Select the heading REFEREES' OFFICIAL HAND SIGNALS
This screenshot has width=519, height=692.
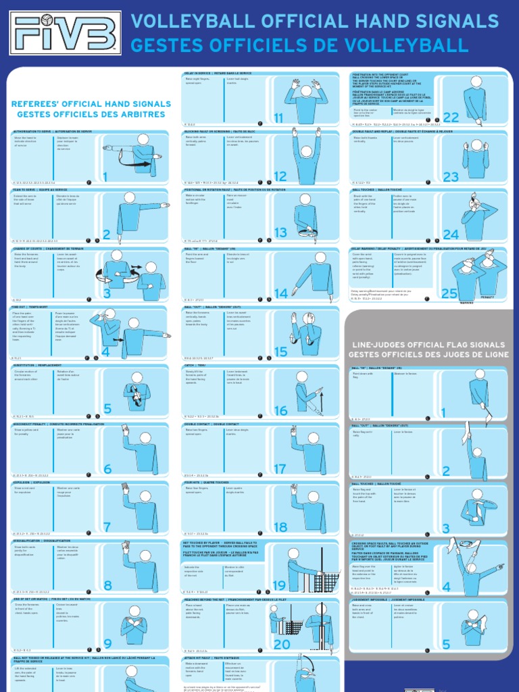(x=91, y=104)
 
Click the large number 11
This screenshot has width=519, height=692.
(x=278, y=118)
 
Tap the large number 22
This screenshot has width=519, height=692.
(x=451, y=117)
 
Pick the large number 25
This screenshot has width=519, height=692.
(x=449, y=293)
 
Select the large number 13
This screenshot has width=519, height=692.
(x=280, y=233)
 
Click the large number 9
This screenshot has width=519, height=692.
(x=107, y=644)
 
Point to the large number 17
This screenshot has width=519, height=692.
(x=280, y=469)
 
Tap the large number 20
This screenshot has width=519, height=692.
(x=281, y=644)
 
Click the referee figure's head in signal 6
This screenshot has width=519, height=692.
(x=145, y=438)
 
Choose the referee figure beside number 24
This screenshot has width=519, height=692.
(x=477, y=216)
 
